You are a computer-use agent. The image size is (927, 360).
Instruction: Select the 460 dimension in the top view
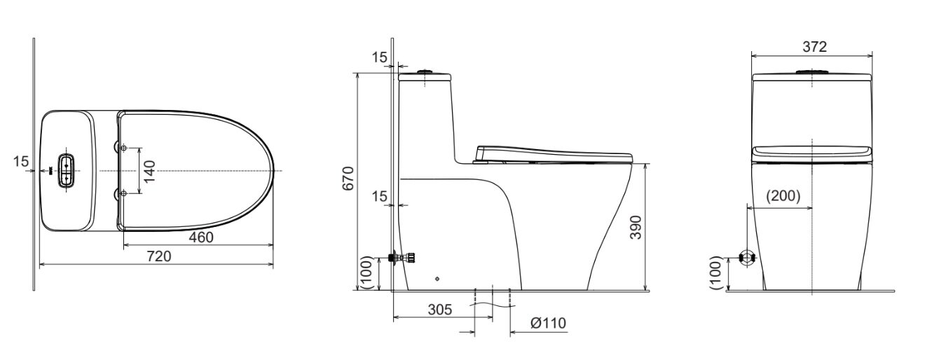[201, 237]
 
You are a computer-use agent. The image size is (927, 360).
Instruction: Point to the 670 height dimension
[348, 179]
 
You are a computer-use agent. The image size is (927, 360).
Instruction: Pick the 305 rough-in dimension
[440, 309]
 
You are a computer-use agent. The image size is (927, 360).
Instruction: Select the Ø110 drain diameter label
[548, 323]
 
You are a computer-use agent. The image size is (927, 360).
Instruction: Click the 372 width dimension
[815, 47]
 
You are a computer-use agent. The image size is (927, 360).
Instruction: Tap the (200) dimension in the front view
[782, 197]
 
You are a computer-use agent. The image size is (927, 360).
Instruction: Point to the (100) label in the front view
[715, 272]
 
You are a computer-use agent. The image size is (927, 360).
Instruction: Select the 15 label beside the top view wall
[21, 162]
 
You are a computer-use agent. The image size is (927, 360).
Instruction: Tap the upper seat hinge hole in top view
[124, 148]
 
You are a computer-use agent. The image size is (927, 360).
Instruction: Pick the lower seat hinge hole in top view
[124, 193]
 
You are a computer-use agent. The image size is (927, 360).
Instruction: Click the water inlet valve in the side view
[404, 258]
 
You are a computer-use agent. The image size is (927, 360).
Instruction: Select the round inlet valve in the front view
[748, 258]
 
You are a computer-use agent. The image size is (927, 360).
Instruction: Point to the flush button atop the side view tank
[425, 71]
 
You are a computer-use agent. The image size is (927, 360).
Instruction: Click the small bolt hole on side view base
[437, 279]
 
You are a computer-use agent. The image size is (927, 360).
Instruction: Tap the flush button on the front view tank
[811, 71]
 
